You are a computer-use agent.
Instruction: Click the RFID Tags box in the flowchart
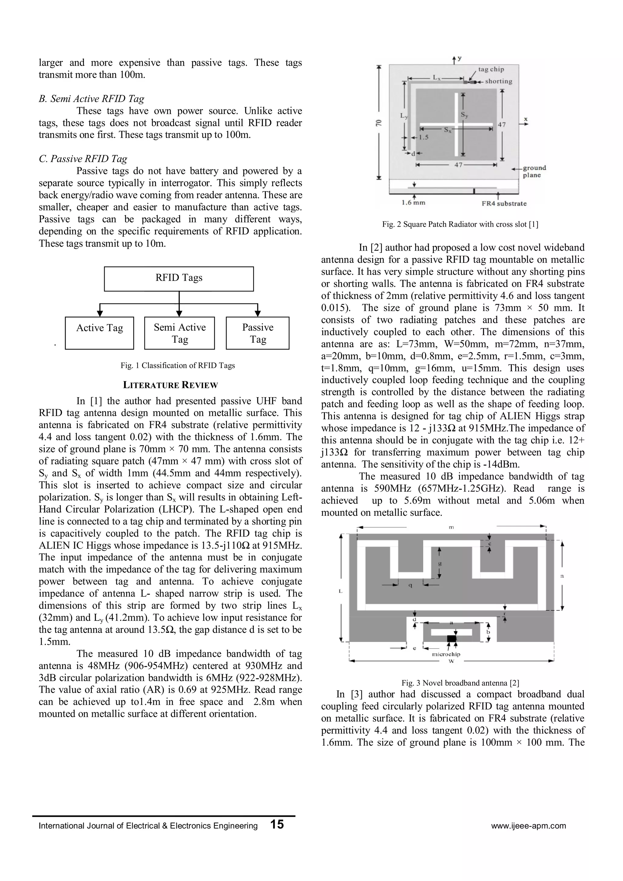tap(179, 278)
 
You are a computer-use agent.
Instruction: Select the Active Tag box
tap(99, 333)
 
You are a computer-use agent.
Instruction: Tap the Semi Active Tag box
tap(180, 333)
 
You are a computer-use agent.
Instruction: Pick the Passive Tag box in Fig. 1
tap(258, 333)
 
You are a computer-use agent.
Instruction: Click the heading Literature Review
tap(170, 385)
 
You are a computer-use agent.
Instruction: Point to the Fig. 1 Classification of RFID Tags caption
tap(177, 366)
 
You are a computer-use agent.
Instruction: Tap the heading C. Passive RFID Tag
tap(83, 159)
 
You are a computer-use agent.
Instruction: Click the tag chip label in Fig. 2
tap(491, 69)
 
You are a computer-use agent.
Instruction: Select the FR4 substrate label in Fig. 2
tap(504, 204)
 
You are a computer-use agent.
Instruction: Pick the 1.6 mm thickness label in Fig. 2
tap(413, 203)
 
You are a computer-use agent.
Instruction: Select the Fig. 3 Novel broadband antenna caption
tap(460, 683)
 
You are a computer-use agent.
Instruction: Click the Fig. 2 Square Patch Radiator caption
tap(460, 224)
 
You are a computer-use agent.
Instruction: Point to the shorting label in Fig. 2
tap(498, 81)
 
